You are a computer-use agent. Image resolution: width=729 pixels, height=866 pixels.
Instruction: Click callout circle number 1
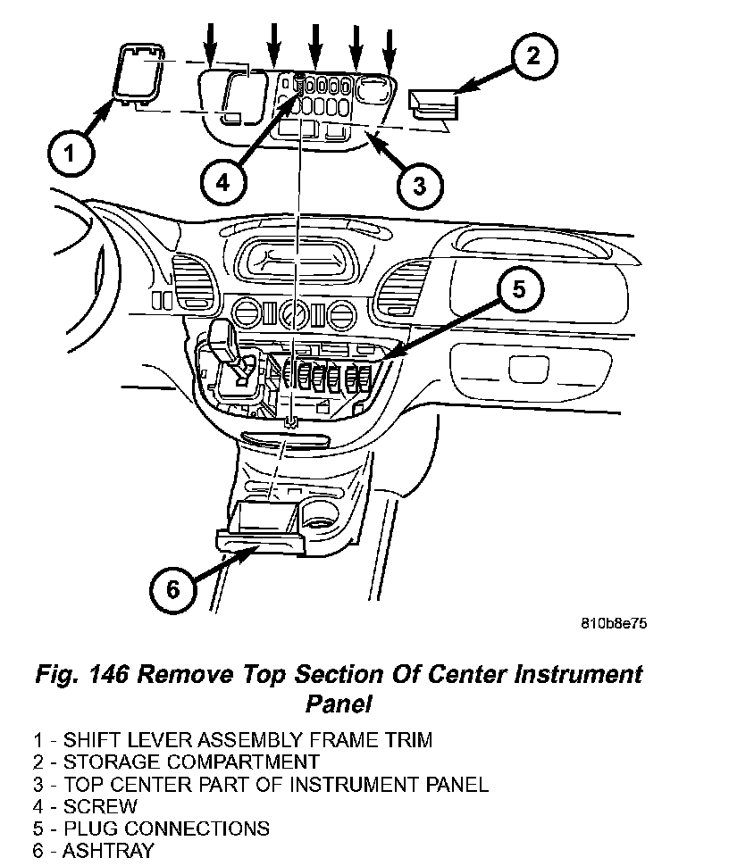[x=70, y=157]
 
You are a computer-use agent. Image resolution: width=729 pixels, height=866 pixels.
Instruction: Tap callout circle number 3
[x=419, y=185]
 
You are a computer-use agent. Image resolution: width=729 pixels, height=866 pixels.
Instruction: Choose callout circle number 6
[x=172, y=588]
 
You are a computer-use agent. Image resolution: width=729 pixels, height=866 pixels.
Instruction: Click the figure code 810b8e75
[x=612, y=624]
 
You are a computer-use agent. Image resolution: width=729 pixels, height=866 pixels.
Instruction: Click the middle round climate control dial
[x=291, y=316]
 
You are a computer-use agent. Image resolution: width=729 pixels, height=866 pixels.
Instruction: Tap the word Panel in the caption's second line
[x=338, y=704]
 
